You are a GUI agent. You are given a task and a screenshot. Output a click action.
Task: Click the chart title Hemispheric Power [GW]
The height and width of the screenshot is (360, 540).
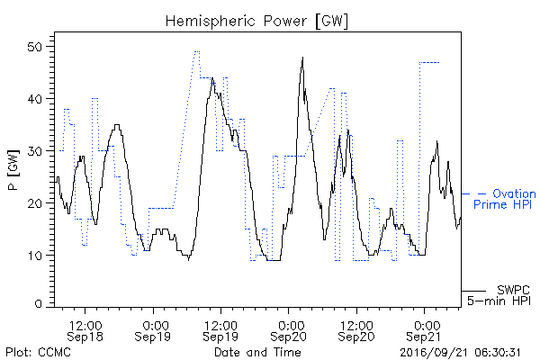[x=256, y=22]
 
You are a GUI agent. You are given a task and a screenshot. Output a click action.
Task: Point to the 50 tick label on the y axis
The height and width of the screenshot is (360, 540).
[x=35, y=47]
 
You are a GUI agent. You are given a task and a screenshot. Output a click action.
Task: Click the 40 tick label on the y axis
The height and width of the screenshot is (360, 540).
[x=35, y=99]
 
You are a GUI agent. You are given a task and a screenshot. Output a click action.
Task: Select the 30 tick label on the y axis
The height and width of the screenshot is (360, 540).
[x=35, y=151]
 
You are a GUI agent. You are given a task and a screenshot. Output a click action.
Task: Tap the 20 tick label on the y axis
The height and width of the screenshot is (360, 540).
[x=35, y=202]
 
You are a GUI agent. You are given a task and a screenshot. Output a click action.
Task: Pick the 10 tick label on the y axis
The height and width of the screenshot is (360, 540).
[x=35, y=256]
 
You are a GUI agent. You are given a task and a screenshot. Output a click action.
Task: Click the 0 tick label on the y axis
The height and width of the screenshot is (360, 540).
[x=39, y=304]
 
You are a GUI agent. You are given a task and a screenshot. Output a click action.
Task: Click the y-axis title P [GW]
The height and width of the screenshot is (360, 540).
[x=13, y=170]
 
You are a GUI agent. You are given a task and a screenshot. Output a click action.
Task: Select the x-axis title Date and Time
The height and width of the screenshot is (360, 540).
[x=257, y=352]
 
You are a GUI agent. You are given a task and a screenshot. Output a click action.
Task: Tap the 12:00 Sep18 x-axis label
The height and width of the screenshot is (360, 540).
[x=85, y=331]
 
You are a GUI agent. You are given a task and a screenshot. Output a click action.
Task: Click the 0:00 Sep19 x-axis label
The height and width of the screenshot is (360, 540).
[x=153, y=331]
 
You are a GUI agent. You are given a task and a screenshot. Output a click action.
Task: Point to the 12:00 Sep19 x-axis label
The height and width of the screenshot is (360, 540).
[x=220, y=331]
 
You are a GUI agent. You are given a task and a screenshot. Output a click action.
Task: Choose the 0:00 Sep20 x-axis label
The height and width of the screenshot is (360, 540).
[x=289, y=331]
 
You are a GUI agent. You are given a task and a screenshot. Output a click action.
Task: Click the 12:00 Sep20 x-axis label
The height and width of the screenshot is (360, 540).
[x=356, y=331]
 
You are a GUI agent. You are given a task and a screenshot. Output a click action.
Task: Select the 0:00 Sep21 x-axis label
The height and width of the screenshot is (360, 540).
[x=424, y=331]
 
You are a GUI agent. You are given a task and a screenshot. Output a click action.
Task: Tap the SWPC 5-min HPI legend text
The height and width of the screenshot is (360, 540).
[x=499, y=295]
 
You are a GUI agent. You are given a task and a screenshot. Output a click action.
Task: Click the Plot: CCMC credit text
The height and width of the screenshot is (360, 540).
[x=38, y=352]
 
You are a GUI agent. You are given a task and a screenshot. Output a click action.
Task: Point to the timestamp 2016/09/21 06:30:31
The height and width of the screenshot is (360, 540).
[x=461, y=353]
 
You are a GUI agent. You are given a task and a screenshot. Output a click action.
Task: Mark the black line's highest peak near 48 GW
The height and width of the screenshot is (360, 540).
[x=302, y=58]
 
